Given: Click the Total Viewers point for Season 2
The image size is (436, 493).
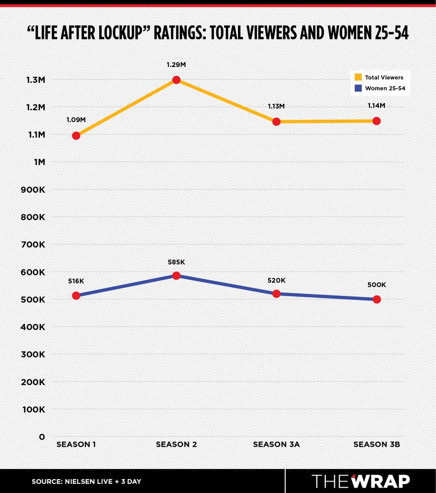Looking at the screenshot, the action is coord(176,80).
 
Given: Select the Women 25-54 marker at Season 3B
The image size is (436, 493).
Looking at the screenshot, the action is coord(377,299).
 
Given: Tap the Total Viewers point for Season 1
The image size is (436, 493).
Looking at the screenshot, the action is coord(76,135).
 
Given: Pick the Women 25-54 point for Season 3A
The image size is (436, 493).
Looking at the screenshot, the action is coord(276,294).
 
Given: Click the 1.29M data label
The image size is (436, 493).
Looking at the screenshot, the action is coord(176,65).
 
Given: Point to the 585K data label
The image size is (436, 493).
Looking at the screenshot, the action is coord(176,262).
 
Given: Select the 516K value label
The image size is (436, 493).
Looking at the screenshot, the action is coord(76,281).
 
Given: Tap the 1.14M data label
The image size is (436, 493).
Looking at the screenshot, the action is coord(377,105).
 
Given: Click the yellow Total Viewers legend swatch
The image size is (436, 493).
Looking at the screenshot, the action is coord(358,77).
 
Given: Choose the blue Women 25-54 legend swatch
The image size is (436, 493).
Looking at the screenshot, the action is coord(358,88).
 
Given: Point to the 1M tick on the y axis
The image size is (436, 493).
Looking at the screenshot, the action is coord(40,162).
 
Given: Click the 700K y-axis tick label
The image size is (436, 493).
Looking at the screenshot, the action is coord(33,245).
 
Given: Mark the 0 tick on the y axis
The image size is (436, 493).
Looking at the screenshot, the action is coord(42,437).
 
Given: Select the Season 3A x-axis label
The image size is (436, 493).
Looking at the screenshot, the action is coord(276,444).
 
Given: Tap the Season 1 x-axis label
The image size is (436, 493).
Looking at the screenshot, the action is coord(76,444).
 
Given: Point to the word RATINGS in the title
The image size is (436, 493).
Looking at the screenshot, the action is coord(180,33).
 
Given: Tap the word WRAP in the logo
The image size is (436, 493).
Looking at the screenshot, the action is coord(381,481).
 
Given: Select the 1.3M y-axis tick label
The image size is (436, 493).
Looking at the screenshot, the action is coord(36,80).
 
